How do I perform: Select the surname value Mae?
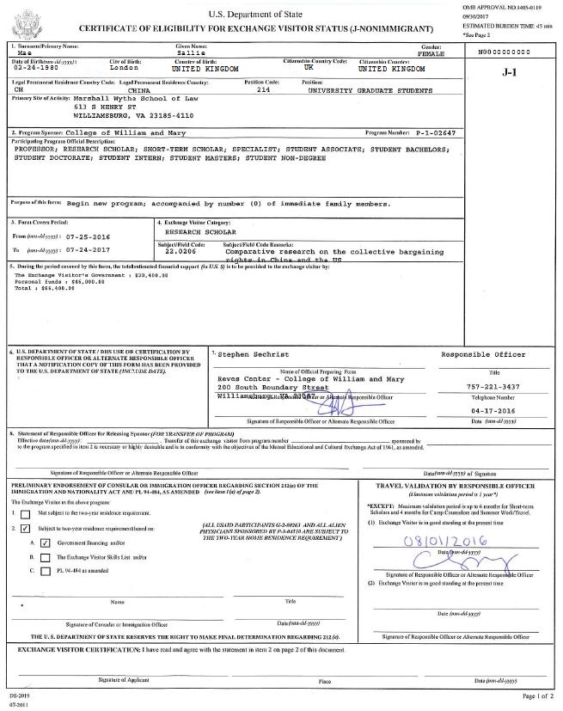(x=21, y=52)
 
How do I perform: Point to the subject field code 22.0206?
(x=176, y=250)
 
